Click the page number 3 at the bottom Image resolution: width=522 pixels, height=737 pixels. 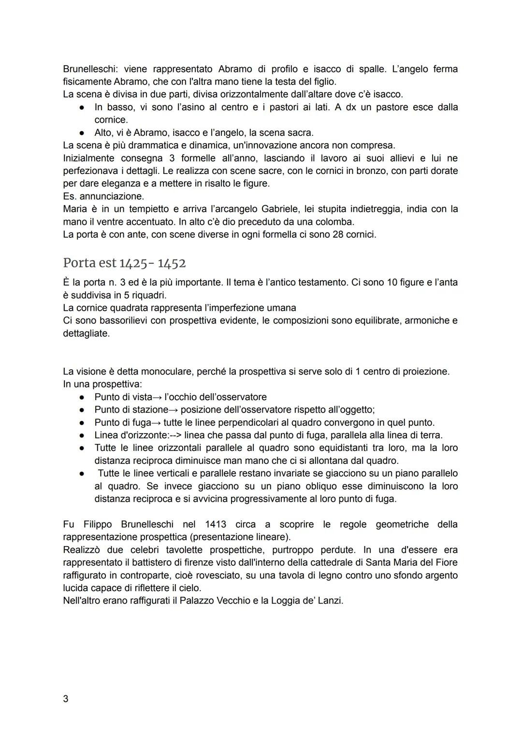point(66,699)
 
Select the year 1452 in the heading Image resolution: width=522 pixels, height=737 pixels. point(172,263)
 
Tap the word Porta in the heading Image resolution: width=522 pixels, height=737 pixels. point(79,263)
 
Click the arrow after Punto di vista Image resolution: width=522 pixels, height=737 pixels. point(158,397)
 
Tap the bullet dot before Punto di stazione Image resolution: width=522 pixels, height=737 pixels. point(83,410)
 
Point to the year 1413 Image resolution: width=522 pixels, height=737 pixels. point(216,524)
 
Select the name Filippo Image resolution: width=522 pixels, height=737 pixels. point(98,524)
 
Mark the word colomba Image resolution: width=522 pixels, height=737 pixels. point(335,222)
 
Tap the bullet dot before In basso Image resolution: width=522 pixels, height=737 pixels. point(83,107)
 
